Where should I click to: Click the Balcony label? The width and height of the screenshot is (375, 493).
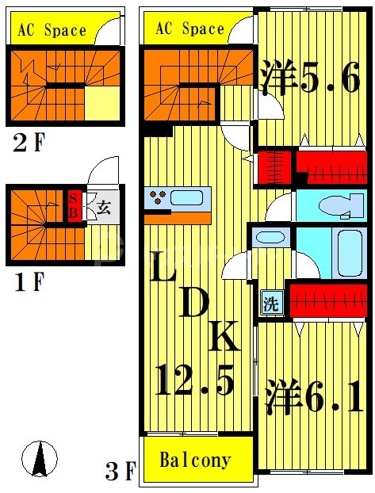(x=195, y=460)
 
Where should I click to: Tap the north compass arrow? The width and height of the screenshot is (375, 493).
(x=40, y=459)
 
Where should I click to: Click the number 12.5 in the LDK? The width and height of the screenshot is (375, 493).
(x=194, y=383)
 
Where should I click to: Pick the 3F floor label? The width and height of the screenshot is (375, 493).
(x=121, y=472)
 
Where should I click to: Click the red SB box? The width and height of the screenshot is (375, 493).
(x=74, y=206)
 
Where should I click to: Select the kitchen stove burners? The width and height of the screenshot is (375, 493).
(x=158, y=197)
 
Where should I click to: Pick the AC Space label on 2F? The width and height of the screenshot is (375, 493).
(x=53, y=31)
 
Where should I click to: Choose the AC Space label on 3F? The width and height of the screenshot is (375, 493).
(x=189, y=29)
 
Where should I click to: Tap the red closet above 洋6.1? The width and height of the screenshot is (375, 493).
(x=327, y=299)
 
